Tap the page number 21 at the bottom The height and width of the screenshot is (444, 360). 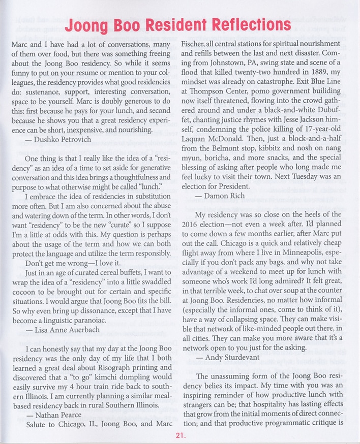click(x=179, y=435)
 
